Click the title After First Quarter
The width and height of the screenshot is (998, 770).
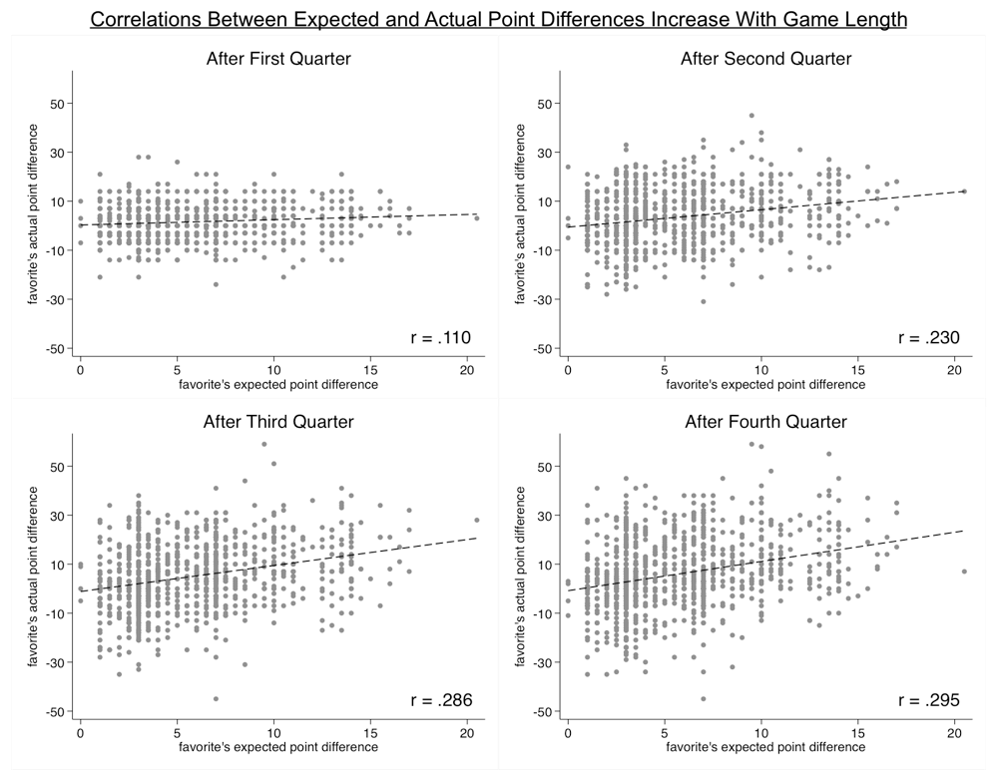(x=277, y=59)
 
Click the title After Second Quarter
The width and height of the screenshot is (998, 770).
(x=765, y=59)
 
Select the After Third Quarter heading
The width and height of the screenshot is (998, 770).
(x=277, y=422)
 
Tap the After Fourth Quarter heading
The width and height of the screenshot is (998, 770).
(x=765, y=422)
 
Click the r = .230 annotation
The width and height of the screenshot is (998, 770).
(x=928, y=338)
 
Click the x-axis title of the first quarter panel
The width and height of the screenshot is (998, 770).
(x=278, y=384)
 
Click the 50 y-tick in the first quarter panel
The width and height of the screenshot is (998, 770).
(x=56, y=104)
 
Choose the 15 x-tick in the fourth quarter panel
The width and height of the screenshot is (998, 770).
(x=858, y=730)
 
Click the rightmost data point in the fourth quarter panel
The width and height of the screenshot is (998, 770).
(x=964, y=572)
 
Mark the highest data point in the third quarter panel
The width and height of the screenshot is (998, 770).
(x=263, y=444)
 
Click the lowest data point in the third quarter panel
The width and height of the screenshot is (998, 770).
(x=216, y=698)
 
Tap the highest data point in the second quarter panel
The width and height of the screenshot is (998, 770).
(x=751, y=115)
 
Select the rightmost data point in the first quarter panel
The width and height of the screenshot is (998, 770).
(x=477, y=217)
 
